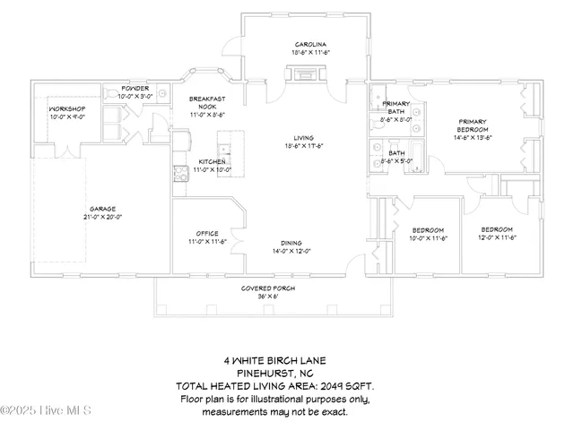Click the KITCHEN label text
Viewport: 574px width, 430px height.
coord(211,162)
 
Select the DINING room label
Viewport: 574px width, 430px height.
coord(290,243)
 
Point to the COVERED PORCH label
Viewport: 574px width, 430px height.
coord(265,288)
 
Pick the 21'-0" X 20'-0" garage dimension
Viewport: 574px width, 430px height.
coord(102,217)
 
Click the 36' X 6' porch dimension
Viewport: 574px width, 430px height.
coord(265,296)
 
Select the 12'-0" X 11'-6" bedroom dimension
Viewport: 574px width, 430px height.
coord(495,237)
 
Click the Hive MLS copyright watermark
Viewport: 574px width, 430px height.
coord(47,410)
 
